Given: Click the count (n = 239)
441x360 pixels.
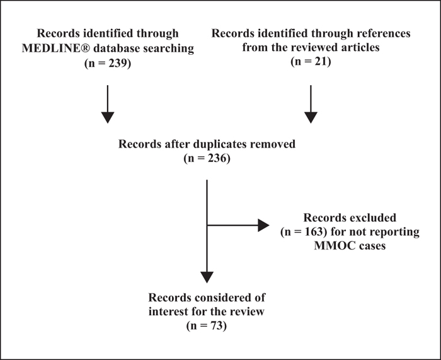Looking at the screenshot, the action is (x=108, y=63).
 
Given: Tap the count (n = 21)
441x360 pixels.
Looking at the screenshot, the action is (x=311, y=61).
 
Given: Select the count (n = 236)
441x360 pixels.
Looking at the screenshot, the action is (x=207, y=158).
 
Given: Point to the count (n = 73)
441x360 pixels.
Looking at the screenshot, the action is (x=207, y=326).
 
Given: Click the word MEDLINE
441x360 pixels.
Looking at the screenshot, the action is (x=56, y=48).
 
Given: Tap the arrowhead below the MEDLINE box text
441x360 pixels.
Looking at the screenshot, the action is (x=108, y=117).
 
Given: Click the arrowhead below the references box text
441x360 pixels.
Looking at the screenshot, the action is (x=311, y=117).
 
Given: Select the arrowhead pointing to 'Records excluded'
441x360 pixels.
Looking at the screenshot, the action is (x=263, y=225).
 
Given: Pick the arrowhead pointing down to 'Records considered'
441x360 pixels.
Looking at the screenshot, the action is (x=207, y=277).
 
